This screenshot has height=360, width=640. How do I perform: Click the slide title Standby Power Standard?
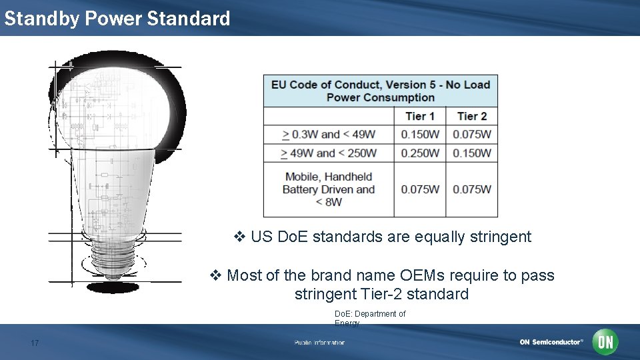(117, 18)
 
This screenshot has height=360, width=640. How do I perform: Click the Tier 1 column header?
(419, 116)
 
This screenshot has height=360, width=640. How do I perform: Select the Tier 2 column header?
(472, 116)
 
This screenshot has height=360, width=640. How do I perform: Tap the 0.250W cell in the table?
(420, 153)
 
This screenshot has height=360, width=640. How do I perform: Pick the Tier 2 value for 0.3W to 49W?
(472, 134)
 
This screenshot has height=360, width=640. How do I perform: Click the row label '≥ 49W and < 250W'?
(329, 153)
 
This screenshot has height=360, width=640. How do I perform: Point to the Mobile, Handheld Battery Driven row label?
(329, 189)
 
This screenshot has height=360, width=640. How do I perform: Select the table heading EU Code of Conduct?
(381, 91)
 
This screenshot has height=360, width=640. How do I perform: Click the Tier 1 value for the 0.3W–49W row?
(420, 134)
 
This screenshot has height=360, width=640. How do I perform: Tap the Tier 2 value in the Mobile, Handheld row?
(472, 189)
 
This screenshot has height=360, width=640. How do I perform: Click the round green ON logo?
(605, 342)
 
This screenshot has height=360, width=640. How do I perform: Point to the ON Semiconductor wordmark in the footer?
(551, 342)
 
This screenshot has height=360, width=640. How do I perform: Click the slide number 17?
(35, 343)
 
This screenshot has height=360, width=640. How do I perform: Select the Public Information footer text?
(320, 343)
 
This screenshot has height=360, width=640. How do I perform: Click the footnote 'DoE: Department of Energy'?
(369, 318)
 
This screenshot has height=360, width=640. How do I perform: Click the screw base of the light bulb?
(113, 257)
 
